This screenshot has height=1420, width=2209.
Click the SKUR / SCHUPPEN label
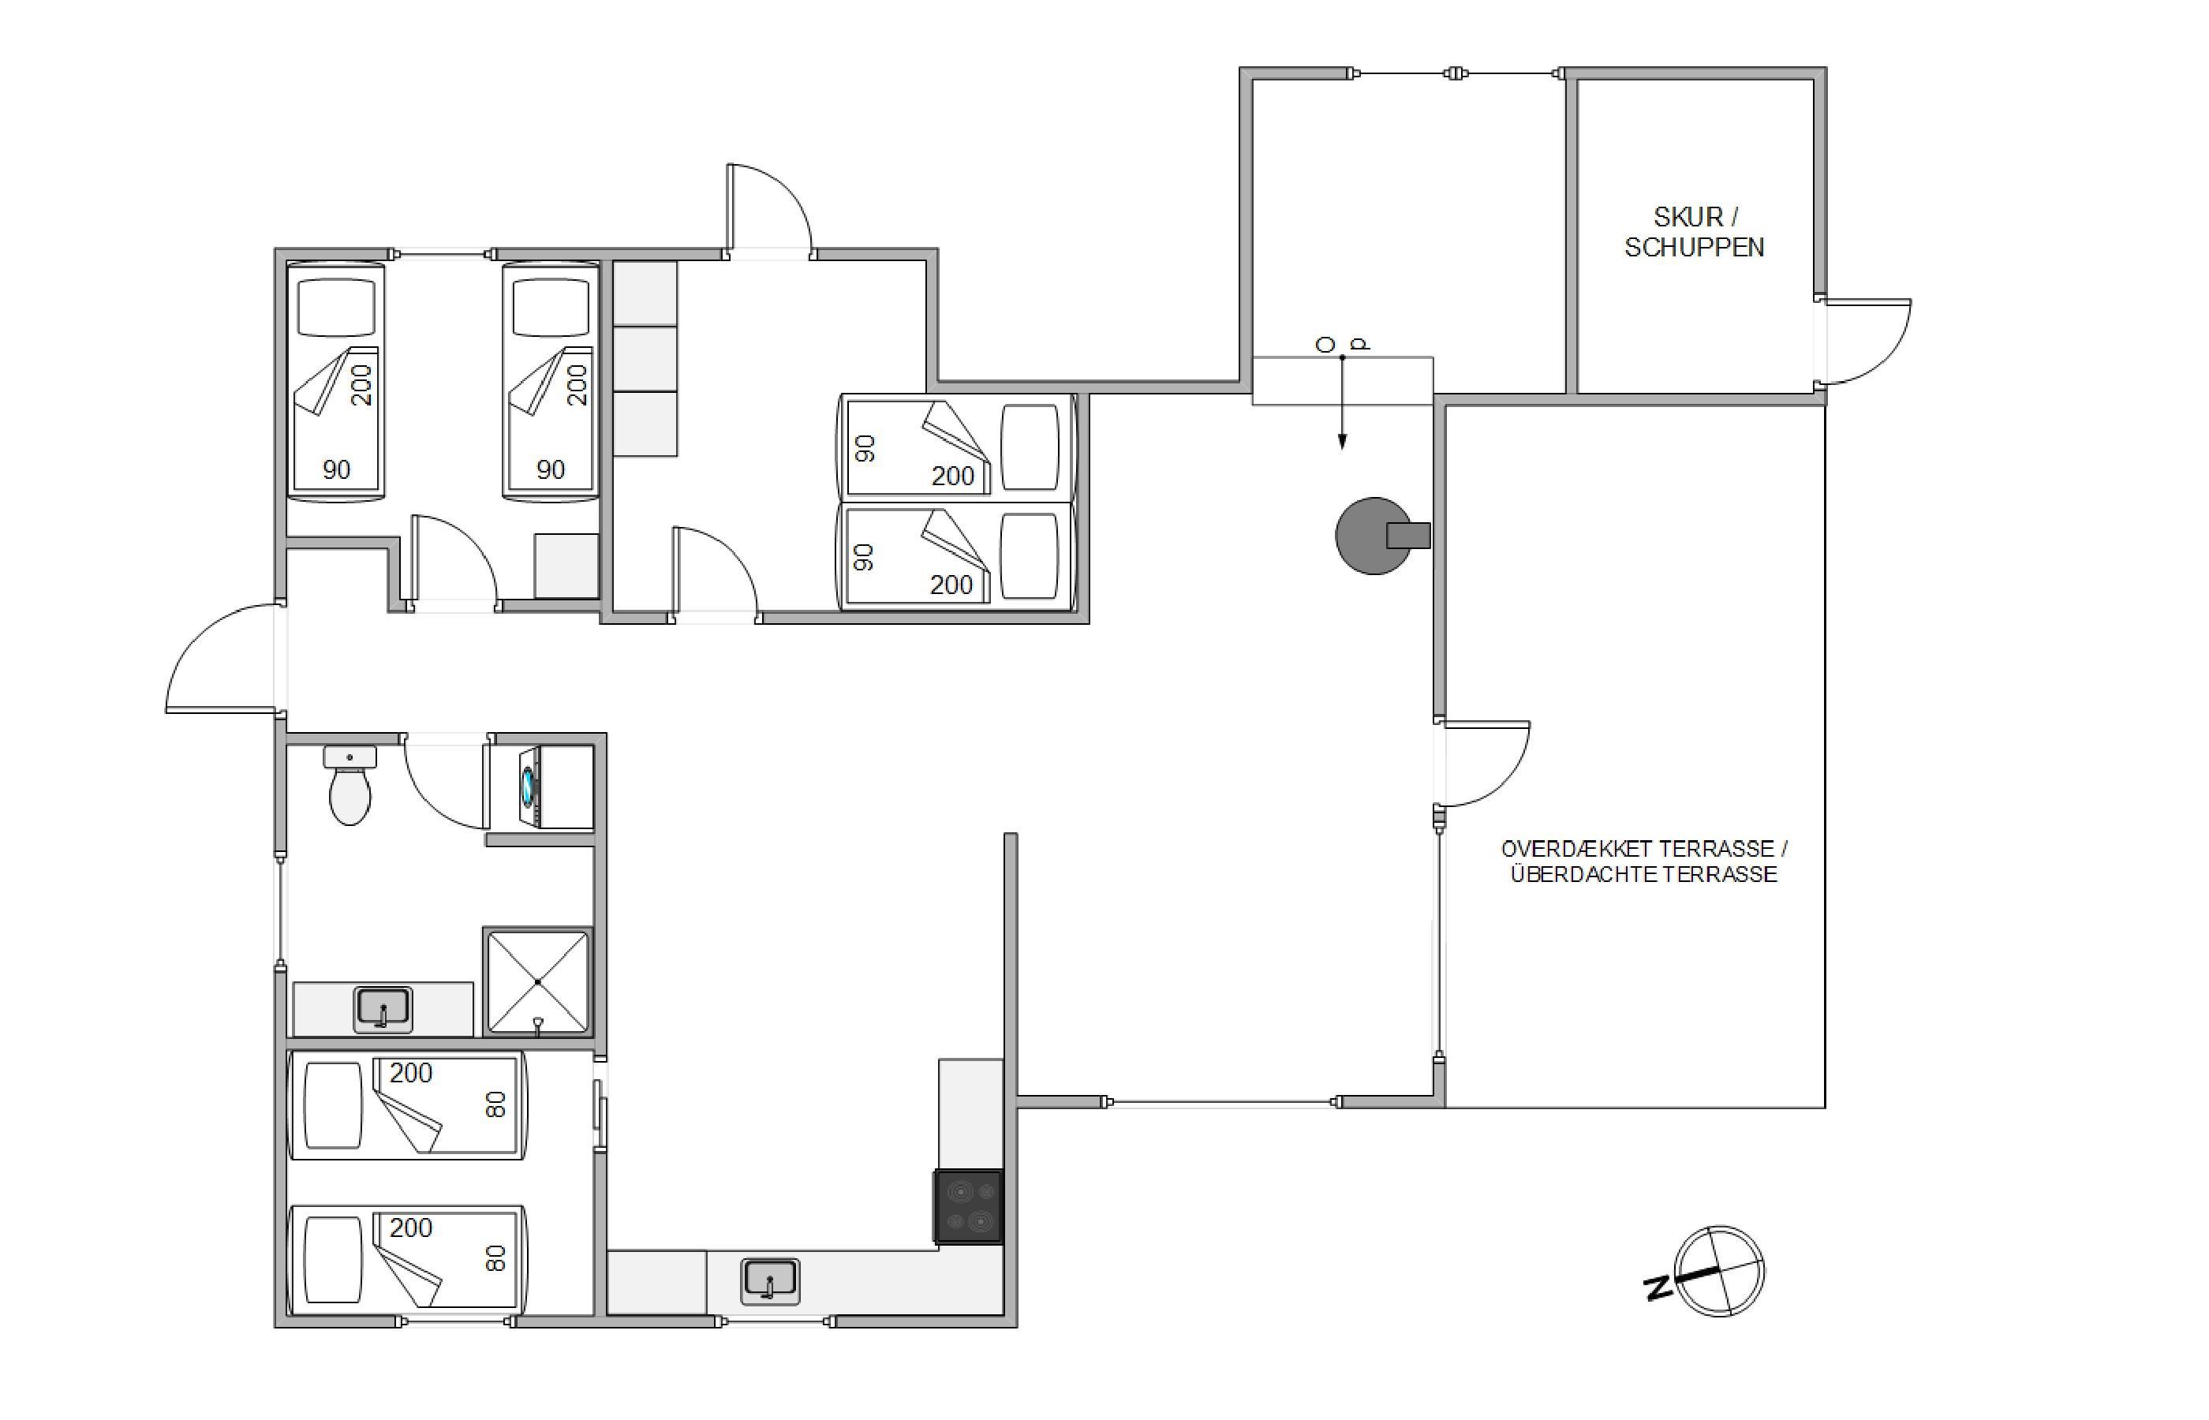pos(1695,231)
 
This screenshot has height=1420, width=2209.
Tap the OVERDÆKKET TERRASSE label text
pos(1644,848)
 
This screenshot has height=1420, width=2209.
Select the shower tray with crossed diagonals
pos(537,981)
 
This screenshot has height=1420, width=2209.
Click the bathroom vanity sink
pos(383,1009)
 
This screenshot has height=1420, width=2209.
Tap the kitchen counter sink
pos(770,1282)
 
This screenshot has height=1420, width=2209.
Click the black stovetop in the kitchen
pos(969,1207)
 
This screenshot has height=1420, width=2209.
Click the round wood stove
pos(1379,536)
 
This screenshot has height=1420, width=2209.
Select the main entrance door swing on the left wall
pos(221,657)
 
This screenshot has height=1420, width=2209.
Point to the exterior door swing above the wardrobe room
pos(770,208)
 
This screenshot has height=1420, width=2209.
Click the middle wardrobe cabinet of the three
pos(645,358)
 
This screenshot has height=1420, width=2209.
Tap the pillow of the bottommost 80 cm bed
pos(333,1261)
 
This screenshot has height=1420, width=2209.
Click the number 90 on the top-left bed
pos(337,469)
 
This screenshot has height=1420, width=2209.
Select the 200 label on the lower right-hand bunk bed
pos(952,585)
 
